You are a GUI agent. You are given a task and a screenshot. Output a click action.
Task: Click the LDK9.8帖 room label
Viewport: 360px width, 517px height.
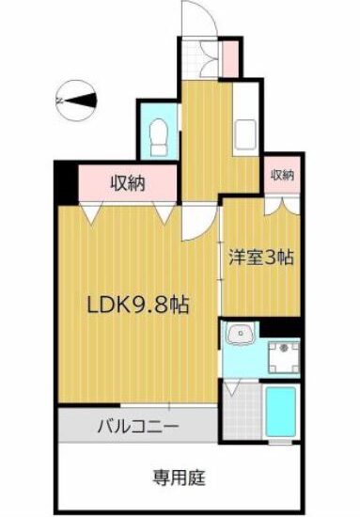coord(137,305)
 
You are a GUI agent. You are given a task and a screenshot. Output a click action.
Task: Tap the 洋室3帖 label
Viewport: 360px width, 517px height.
coord(261,258)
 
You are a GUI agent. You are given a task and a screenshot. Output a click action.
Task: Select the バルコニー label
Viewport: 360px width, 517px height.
coord(138,427)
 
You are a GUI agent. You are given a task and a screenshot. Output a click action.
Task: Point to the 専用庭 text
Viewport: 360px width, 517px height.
coord(179,478)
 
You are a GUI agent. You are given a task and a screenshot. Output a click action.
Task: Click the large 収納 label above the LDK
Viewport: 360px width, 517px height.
coord(128,183)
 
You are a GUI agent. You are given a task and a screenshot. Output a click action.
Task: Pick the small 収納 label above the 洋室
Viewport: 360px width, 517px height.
coord(283,175)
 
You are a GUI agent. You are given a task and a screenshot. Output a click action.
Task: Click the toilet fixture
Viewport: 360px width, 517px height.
coord(158,137)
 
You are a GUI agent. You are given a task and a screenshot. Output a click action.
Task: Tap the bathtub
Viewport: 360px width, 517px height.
coord(280,412)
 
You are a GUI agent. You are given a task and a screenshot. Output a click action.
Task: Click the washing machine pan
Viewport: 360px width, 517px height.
coord(284,357)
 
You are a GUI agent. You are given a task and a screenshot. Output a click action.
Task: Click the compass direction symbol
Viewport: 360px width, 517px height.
coord(76,101)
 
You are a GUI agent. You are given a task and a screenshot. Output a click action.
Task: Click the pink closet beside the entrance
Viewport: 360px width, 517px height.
coord(230,59)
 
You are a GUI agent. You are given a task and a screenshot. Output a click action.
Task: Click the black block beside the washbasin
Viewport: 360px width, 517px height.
coord(280,328)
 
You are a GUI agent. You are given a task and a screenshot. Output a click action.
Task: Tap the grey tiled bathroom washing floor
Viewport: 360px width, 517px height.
coord(243,411)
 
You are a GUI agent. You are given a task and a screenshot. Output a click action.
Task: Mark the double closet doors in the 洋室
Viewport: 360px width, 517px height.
coord(283,206)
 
